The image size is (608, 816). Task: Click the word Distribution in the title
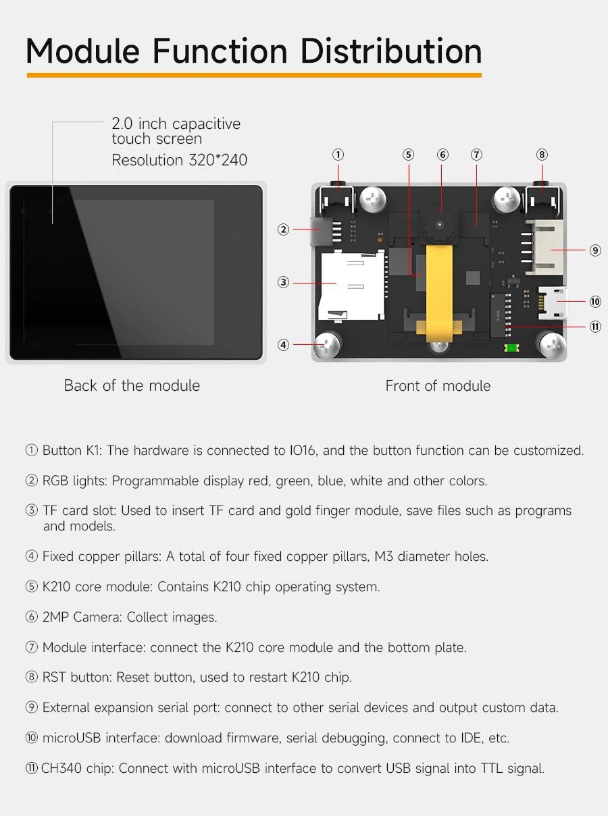click(390, 51)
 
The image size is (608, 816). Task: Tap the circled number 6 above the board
click(442, 155)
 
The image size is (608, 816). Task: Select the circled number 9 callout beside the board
click(595, 250)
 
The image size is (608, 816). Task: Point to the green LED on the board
click(511, 348)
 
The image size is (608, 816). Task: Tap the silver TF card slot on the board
click(351, 285)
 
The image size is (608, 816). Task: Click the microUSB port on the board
click(553, 302)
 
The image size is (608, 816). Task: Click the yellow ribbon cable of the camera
click(439, 292)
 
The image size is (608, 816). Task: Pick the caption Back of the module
click(132, 385)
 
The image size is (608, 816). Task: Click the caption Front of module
click(438, 386)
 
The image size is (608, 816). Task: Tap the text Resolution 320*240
click(179, 160)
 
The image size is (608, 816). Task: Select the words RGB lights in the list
click(74, 481)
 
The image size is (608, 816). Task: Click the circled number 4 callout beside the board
click(283, 345)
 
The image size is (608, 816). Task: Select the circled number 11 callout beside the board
click(595, 326)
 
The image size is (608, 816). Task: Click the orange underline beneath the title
click(254, 75)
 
